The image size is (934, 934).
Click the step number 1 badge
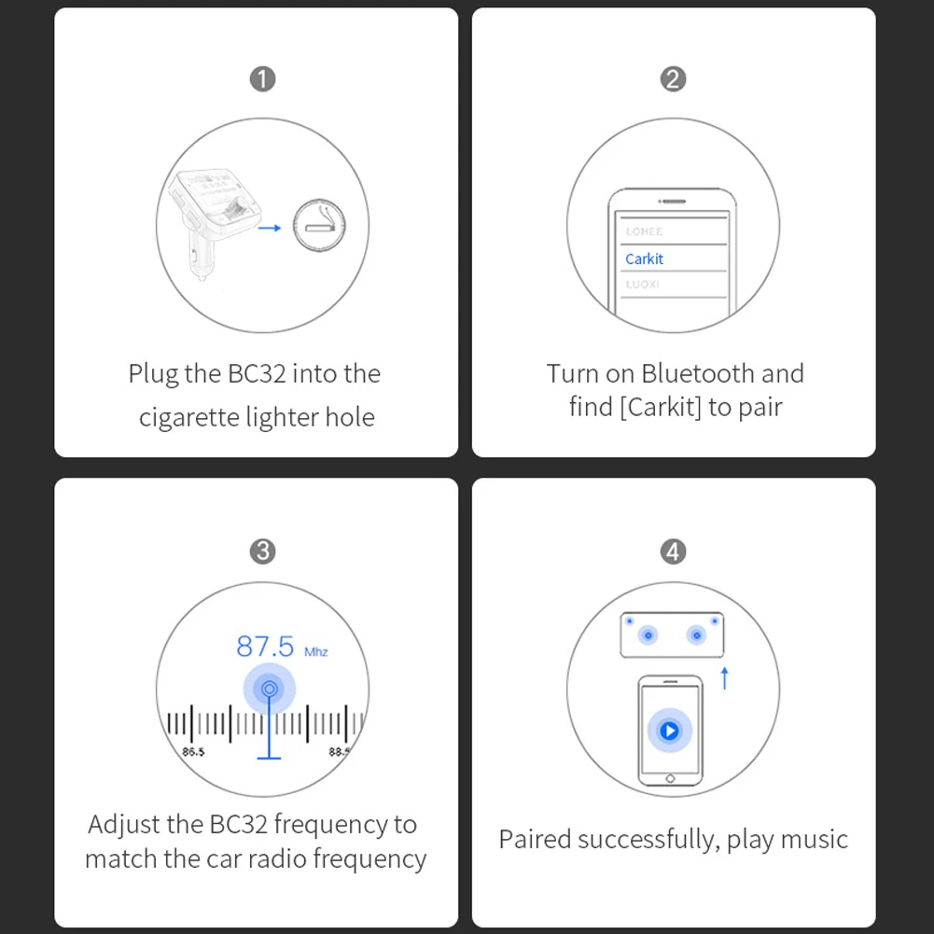coord(262,79)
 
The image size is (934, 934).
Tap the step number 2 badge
coord(673,79)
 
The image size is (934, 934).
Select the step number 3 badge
coord(262,551)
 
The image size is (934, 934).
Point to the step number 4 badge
coord(673,551)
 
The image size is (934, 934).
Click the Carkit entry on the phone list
coord(644,258)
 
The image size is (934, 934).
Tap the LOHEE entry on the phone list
coord(644,231)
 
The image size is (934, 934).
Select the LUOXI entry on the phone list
coord(642,284)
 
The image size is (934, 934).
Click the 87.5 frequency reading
coord(265,646)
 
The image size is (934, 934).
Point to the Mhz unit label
coord(316,651)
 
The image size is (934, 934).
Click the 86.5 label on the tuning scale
coord(193,751)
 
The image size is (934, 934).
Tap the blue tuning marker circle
coord(270,690)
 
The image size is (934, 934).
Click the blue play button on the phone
coord(669,731)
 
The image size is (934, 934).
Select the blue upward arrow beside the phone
coord(724,678)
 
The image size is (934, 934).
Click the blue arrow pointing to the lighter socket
coord(270,227)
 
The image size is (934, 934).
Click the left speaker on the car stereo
coord(648,635)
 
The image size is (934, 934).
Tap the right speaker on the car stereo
coord(696,635)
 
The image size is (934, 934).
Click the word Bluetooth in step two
coord(698,374)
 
